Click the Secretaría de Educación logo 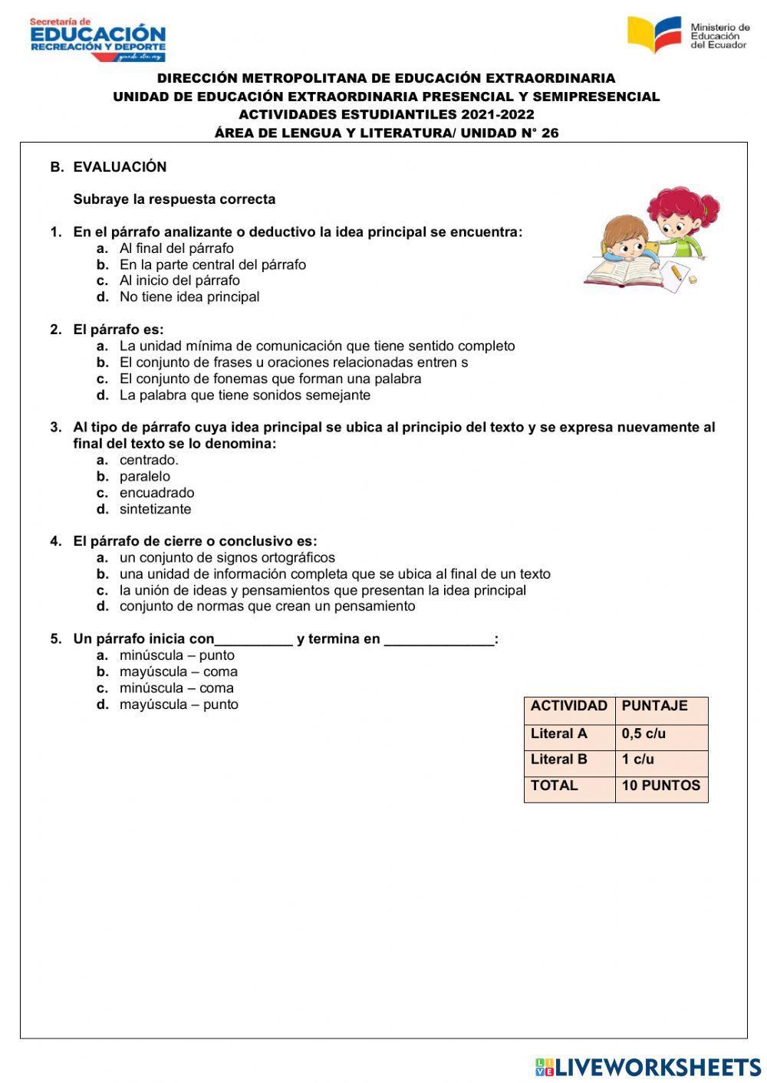97,39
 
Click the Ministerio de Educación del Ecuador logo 687,35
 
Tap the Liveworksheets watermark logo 647,1066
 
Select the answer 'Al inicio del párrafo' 179,281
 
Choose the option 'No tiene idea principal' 189,297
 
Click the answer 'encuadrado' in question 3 156,493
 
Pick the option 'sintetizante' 155,509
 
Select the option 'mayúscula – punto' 179,704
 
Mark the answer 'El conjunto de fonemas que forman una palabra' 270,379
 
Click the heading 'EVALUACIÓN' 120,167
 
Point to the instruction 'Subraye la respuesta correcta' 174,199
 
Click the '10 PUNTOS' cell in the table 660,786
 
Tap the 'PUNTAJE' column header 654,706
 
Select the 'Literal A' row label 559,733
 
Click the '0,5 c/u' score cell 644,733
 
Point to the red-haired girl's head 680,211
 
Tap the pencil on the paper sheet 676,272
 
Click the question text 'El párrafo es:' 118,330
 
